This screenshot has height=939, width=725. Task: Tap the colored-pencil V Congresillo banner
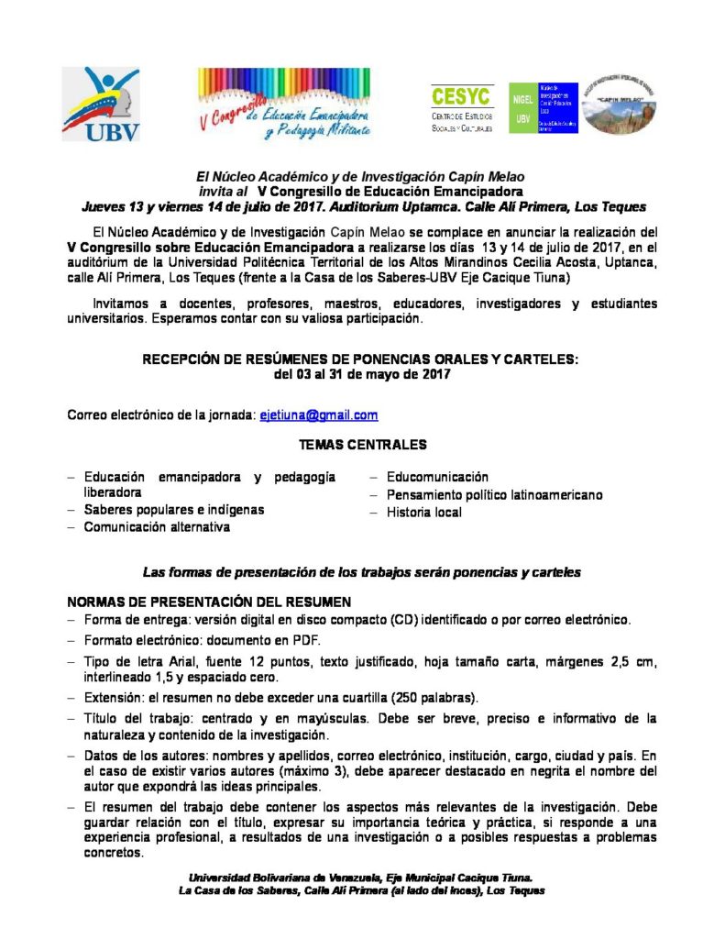click(x=284, y=104)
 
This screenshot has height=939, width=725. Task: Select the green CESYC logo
click(x=462, y=108)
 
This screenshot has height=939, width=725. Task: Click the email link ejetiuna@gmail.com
click(x=318, y=415)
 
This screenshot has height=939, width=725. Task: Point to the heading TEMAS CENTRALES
click(x=362, y=445)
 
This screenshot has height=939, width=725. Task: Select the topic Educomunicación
click(x=437, y=477)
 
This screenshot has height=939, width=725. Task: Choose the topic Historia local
click(x=423, y=512)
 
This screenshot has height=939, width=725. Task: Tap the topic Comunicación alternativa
click(x=157, y=527)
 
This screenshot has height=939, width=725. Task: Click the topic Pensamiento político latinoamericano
click(x=494, y=494)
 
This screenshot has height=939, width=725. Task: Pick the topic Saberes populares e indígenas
click(x=174, y=510)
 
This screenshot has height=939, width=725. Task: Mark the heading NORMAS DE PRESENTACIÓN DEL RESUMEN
click(x=209, y=602)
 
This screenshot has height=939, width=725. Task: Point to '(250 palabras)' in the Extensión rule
click(x=449, y=696)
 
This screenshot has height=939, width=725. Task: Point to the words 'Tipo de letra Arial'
click(x=137, y=661)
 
